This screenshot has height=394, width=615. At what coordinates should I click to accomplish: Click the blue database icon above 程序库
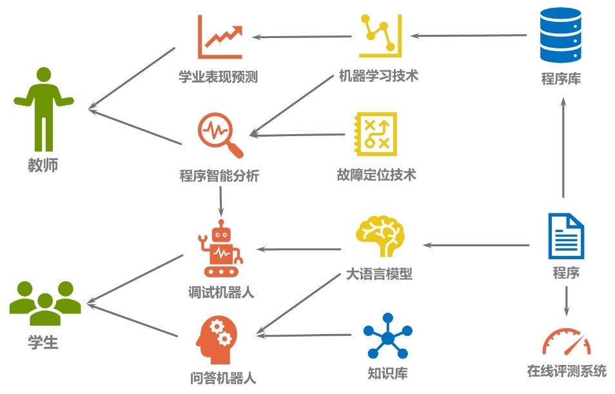560,35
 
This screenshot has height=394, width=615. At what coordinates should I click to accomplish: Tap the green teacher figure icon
44,110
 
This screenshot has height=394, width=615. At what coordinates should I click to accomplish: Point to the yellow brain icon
380,235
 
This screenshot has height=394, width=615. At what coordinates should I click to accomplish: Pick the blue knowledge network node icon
387,336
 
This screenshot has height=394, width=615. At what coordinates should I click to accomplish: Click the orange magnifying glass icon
220,135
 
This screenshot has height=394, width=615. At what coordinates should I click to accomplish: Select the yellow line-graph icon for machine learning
380,35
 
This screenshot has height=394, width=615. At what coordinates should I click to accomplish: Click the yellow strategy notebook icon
375,134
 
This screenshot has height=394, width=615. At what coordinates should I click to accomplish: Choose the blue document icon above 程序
566,236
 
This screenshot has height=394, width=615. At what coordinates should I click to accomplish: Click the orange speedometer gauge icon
567,342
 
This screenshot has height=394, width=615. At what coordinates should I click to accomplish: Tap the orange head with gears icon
217,340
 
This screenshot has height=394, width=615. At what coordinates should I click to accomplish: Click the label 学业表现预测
219,77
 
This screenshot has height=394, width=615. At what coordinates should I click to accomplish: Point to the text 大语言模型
379,273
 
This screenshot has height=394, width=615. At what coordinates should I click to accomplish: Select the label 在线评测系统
567,371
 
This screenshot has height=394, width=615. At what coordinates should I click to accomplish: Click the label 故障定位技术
376,175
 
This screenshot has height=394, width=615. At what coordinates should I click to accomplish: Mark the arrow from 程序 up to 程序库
563,148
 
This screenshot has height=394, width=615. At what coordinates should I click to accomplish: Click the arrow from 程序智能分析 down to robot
221,201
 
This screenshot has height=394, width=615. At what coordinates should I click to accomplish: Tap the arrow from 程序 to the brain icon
476,245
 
